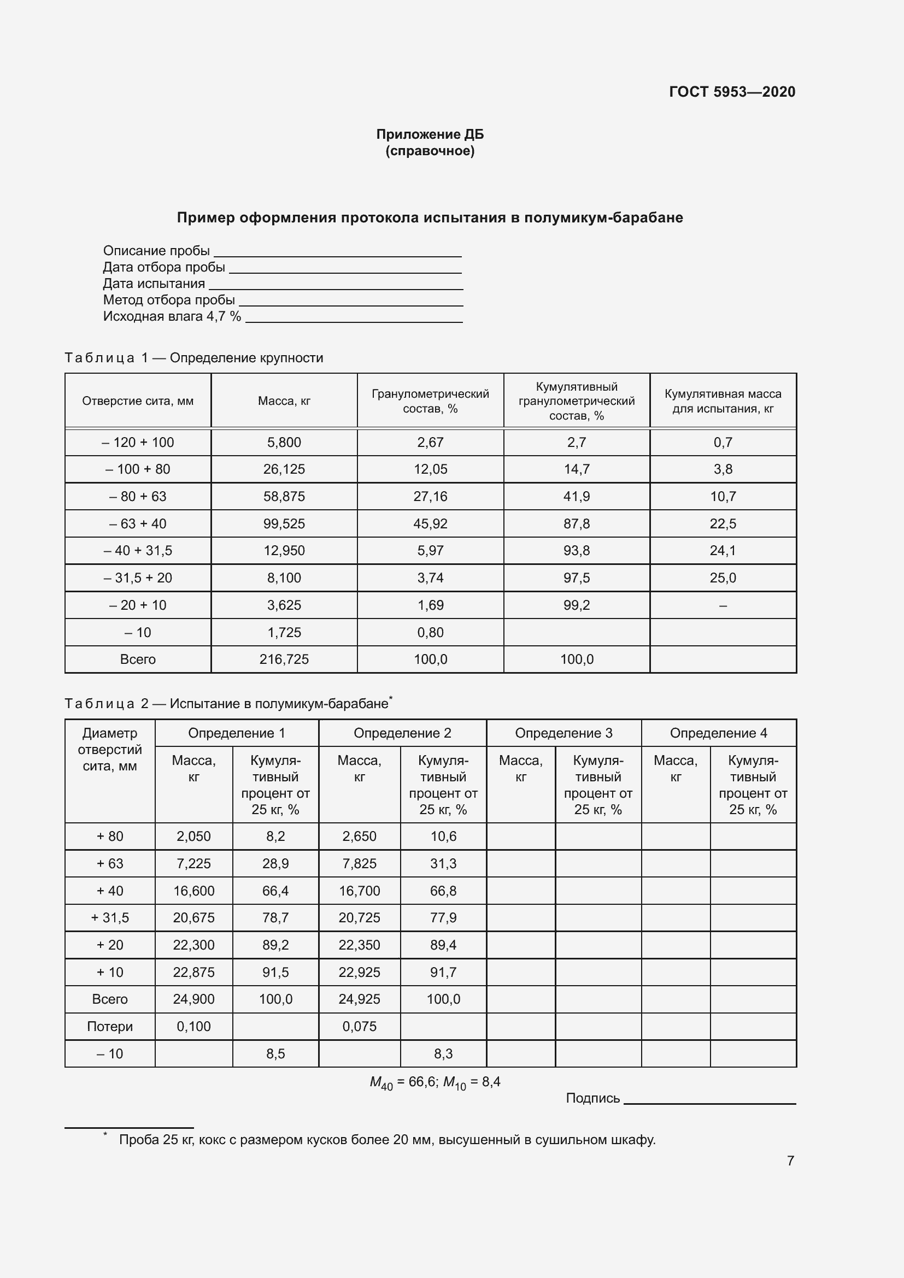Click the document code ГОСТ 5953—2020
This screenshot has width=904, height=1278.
(x=731, y=92)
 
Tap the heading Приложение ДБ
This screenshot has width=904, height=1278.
(x=430, y=134)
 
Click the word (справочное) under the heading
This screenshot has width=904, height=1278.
(x=430, y=151)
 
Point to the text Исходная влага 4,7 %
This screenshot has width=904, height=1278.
(x=172, y=317)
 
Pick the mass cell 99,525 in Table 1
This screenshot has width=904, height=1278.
(x=284, y=524)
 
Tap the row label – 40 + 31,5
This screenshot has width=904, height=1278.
(x=138, y=551)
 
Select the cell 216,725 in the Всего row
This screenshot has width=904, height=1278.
(x=284, y=659)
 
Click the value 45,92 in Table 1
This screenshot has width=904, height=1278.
(x=430, y=524)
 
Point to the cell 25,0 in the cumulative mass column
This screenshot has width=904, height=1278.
(x=723, y=578)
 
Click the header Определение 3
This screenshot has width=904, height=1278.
(x=563, y=733)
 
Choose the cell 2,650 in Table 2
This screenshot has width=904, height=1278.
(x=359, y=836)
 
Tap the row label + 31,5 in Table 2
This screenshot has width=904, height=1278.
(x=110, y=917)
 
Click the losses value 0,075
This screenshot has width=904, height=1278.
(x=359, y=1027)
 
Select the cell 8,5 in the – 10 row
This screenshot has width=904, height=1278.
(x=275, y=1053)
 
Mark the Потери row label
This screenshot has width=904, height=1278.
(x=110, y=1027)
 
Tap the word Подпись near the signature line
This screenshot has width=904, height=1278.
(x=592, y=1098)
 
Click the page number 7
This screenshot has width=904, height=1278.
(x=790, y=1161)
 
